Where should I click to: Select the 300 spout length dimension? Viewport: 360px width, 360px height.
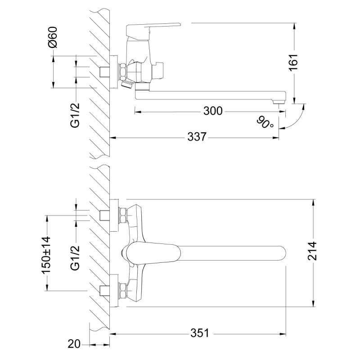pos(213,111)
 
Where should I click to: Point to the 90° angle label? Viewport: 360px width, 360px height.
pos(265,122)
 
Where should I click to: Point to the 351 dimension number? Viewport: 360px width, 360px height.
pos(200,333)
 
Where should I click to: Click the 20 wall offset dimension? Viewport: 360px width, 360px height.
pos(74,345)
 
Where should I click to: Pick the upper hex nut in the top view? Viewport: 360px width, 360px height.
pos(122,216)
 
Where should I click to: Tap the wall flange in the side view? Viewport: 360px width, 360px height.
pos(113,71)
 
